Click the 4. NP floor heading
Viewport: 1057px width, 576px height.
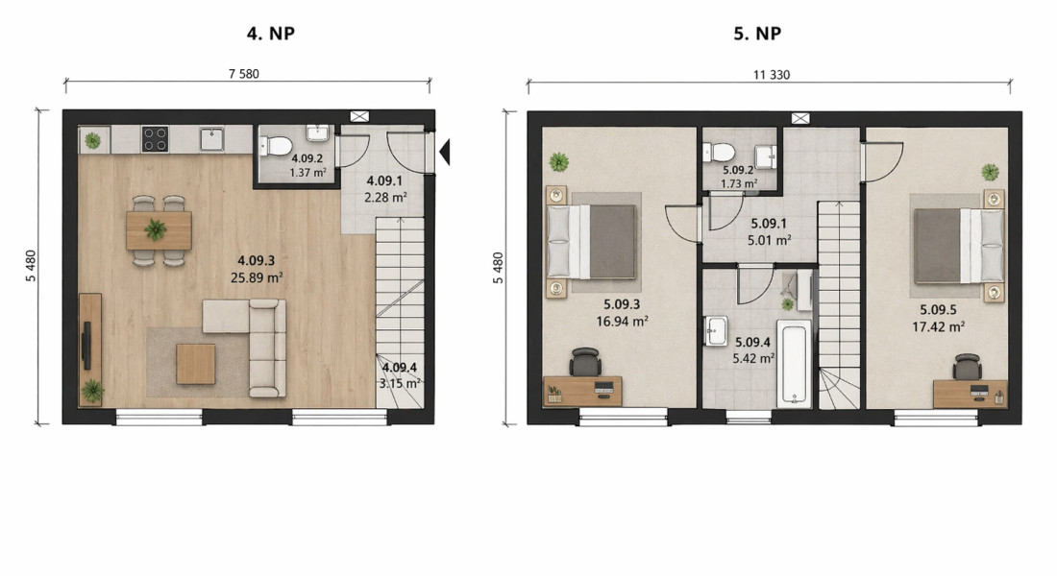click(x=270, y=33)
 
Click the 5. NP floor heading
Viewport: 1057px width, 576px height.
click(x=757, y=33)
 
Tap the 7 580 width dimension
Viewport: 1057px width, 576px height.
click(x=243, y=73)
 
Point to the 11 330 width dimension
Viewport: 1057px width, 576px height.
click(x=772, y=75)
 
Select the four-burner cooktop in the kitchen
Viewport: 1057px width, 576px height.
click(x=155, y=139)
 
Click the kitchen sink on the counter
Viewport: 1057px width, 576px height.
click(x=211, y=139)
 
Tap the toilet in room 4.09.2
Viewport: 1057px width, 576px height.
click(x=276, y=146)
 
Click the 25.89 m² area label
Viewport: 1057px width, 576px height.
click(x=257, y=276)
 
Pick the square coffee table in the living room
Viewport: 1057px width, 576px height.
click(x=196, y=364)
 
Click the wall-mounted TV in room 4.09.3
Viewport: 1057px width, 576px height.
click(x=86, y=346)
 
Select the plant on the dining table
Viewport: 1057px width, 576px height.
click(x=155, y=229)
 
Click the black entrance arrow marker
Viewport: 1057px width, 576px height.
click(x=444, y=152)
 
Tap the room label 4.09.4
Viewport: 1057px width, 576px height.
click(x=400, y=368)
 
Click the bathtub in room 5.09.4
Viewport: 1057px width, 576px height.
click(x=794, y=364)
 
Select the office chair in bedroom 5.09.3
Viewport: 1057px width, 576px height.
click(x=584, y=363)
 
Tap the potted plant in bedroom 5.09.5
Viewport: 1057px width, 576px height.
click(x=990, y=172)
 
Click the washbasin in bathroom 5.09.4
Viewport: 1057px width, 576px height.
click(x=715, y=330)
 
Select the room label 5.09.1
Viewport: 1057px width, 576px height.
click(x=769, y=223)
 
